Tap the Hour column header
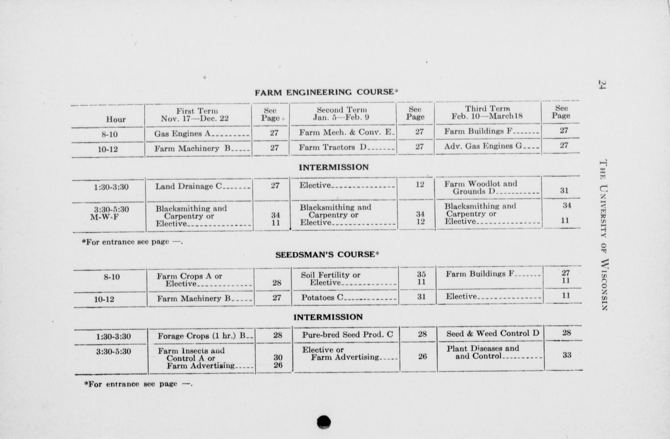115,119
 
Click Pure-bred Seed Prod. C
347,335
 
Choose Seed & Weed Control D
493,333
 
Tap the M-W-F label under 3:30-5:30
104,217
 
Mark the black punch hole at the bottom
324,422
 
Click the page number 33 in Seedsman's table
567,355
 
